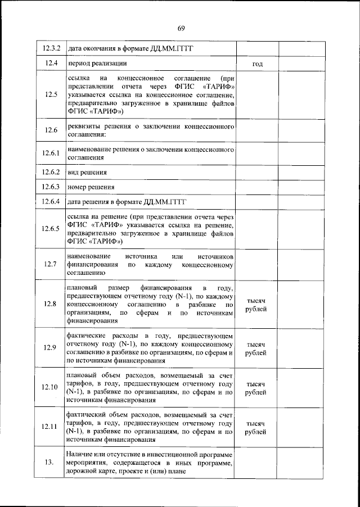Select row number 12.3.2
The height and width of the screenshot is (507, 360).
[51, 49]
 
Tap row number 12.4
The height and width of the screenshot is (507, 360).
[51, 64]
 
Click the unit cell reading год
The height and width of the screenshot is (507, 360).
[257, 64]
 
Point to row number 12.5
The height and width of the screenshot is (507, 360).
[51, 94]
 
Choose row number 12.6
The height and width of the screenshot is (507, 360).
[51, 130]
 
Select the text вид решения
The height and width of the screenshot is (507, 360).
[87, 172]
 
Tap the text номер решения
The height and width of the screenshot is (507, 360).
[91, 187]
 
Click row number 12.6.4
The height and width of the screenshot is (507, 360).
[51, 201]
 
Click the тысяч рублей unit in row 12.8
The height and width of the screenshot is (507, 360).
[256, 305]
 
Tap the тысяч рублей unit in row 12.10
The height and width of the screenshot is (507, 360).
[256, 388]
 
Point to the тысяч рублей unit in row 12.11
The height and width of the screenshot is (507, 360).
[256, 427]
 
